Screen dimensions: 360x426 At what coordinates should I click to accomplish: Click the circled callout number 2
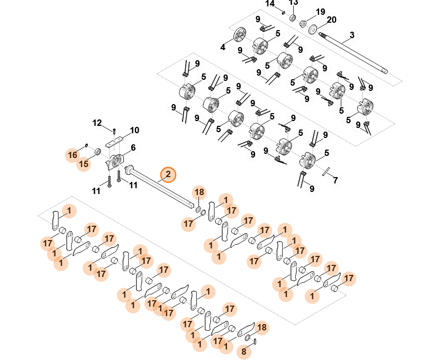pyautogui.click(x=168, y=174)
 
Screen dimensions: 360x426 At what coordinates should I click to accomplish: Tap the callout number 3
pyautogui.click(x=351, y=36)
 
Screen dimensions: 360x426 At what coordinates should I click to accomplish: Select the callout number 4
pyautogui.click(x=223, y=47)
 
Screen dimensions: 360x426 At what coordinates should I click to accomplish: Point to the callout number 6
pyautogui.click(x=133, y=147)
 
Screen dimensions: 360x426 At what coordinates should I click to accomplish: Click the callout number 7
pyautogui.click(x=334, y=180)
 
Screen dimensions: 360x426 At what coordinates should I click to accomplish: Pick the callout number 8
pyautogui.click(x=244, y=350)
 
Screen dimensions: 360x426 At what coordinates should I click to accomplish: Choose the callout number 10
pyautogui.click(x=134, y=130)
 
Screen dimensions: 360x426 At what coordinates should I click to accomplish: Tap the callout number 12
pyautogui.click(x=97, y=123)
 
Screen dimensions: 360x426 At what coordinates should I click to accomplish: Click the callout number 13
pyautogui.click(x=293, y=3)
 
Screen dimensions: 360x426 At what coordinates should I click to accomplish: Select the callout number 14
pyautogui.click(x=270, y=4)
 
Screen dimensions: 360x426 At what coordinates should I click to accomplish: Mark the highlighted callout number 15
pyautogui.click(x=84, y=164)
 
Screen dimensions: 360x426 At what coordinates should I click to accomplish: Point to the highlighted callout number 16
pyautogui.click(x=72, y=155)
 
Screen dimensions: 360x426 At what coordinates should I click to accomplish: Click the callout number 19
pyautogui.click(x=320, y=12)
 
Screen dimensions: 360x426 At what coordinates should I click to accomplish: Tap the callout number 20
pyautogui.click(x=332, y=20)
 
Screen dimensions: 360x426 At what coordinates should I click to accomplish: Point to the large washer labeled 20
pyautogui.click(x=313, y=29)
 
